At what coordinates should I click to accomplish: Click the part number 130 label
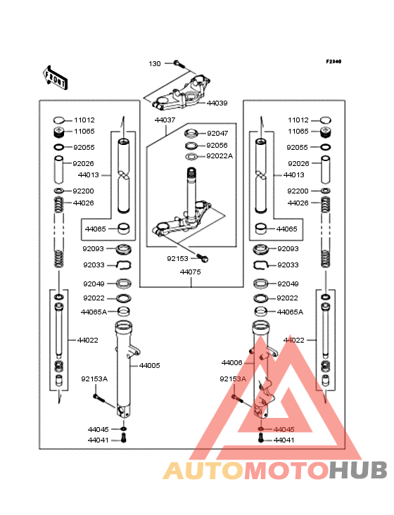[x=155, y=64]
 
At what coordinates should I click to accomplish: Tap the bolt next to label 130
[x=177, y=63]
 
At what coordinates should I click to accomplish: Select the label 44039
[x=217, y=103]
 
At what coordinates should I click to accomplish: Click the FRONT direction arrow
[x=56, y=77]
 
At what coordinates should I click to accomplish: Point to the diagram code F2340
[x=333, y=61]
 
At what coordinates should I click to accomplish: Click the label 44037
[x=165, y=120]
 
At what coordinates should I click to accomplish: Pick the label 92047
[x=217, y=134]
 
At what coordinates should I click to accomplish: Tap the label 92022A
[x=220, y=156]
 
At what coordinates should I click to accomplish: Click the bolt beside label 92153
[x=202, y=258]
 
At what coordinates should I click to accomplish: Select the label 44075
[x=191, y=272]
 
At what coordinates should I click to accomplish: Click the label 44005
[x=149, y=366]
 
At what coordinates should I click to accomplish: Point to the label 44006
[x=231, y=362]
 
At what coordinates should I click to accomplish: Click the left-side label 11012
[x=84, y=120]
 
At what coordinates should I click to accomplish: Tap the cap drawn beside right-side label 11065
[x=325, y=132]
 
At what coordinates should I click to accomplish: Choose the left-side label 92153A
[x=94, y=379]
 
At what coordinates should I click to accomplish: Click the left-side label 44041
[x=99, y=440]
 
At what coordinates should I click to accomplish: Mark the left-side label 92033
[x=94, y=265]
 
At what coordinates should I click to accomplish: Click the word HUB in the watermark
[x=359, y=471]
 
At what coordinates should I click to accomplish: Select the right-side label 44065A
[x=291, y=312]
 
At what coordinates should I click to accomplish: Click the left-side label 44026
[x=84, y=203]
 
